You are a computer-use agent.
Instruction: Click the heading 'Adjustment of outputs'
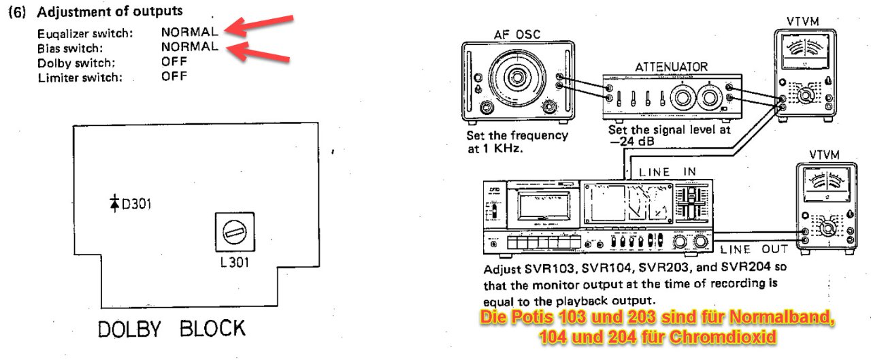click(x=109, y=12)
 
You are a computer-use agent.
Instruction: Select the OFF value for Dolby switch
click(x=174, y=62)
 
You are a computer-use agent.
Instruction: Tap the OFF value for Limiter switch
click(x=174, y=77)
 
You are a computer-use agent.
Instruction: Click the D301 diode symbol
click(x=114, y=203)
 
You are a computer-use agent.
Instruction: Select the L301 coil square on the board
click(x=234, y=233)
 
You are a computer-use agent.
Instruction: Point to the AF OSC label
click(x=517, y=35)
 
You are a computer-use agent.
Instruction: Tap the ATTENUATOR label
click(x=671, y=67)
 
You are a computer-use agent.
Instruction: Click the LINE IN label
click(x=667, y=171)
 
